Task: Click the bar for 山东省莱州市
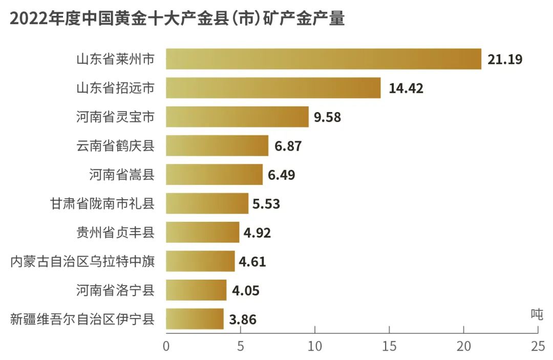(324, 59)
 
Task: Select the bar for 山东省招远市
(273, 88)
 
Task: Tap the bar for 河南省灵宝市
(237, 117)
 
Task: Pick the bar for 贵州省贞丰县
(203, 232)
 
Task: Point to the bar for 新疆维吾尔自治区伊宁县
(195, 319)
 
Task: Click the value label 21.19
(505, 59)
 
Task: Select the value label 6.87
(288, 146)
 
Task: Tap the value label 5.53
(266, 204)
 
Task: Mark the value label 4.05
(245, 290)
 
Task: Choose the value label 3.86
(243, 320)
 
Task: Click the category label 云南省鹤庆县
(115, 146)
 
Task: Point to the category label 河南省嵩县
(122, 175)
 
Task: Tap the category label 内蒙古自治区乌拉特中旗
(82, 262)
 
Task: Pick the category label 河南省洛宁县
(115, 290)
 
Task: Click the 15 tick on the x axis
(389, 346)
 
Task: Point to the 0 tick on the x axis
(166, 346)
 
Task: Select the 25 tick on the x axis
(538, 346)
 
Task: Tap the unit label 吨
(536, 314)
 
